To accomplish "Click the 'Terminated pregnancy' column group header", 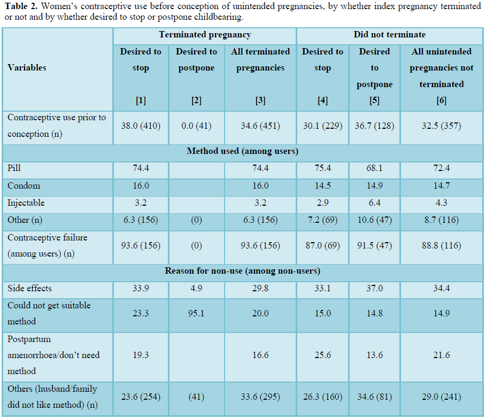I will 205,35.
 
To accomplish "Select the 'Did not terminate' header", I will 389,35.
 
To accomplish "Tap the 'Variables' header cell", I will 27,68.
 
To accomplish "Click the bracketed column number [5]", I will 374,100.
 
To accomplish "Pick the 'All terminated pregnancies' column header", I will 260,60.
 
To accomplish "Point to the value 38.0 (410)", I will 141,126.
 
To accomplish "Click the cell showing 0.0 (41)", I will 196,126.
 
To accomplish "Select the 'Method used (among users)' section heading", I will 242,151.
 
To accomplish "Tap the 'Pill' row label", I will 14,168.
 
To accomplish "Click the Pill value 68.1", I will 374,168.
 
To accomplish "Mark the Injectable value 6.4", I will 374,203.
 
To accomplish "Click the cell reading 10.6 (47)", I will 374,220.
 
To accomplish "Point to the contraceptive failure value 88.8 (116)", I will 442,245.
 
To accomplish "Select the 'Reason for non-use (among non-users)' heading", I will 242,271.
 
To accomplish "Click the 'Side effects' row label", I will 29,289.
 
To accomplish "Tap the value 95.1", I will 196,314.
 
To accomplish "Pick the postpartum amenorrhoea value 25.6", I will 322,355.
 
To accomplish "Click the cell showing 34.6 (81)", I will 374,397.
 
